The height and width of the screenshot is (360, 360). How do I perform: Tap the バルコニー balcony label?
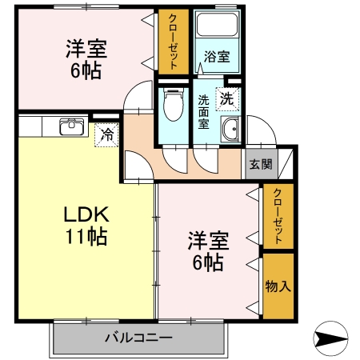138,338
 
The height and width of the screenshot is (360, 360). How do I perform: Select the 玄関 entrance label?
260,165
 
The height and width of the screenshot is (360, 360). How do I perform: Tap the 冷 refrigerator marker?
106,135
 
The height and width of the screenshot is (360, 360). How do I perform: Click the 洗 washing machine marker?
227,100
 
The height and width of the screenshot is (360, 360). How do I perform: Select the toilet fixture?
170,104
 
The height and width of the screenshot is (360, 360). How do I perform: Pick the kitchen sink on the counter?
72,126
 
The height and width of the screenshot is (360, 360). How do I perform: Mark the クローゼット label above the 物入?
277,216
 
